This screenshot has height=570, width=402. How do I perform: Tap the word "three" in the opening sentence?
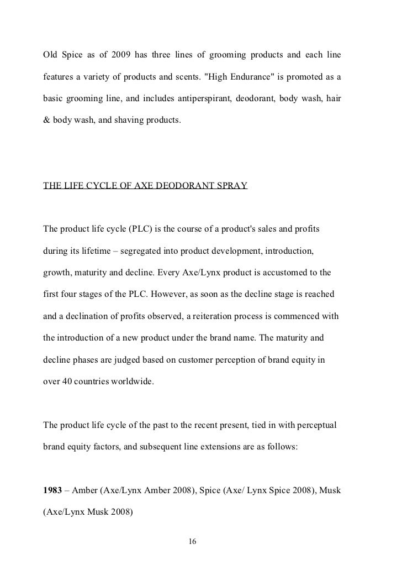point(168,55)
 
